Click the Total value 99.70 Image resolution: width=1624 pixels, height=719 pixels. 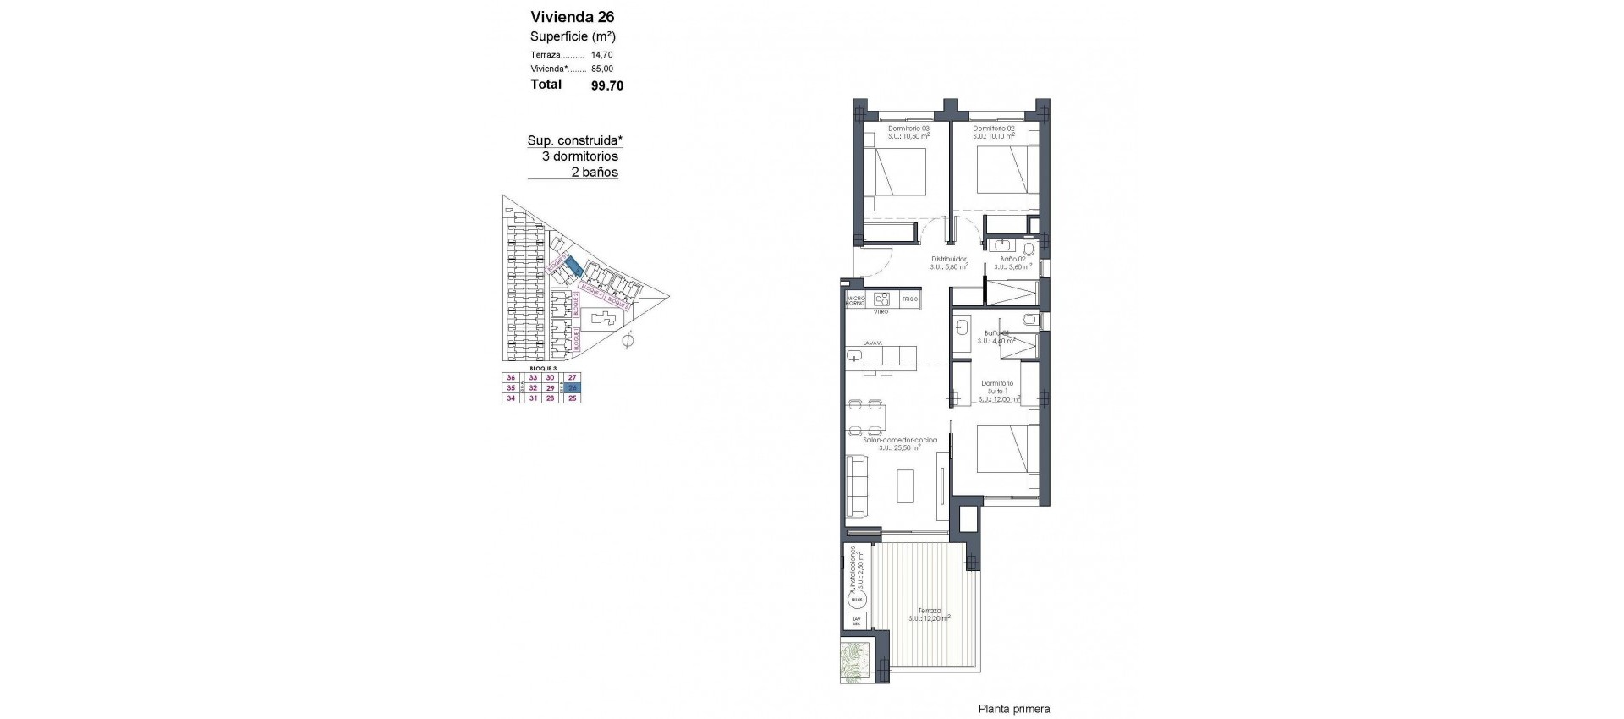coord(606,85)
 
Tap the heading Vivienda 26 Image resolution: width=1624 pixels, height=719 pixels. coord(572,17)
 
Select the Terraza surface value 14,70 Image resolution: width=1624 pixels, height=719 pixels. coord(602,55)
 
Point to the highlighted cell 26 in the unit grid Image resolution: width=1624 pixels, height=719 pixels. coord(573,388)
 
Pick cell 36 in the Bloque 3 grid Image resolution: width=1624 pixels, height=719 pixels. coord(510,378)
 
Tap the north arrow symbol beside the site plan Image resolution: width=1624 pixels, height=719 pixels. coord(627,342)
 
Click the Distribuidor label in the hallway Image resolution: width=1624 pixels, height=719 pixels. coord(949,260)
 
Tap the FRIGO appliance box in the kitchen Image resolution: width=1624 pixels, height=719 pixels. coord(909,299)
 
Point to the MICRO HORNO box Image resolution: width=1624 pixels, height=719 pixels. coord(855,299)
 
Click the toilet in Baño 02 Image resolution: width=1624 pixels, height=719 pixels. coord(1028,248)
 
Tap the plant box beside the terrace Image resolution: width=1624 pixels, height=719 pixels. coord(854,662)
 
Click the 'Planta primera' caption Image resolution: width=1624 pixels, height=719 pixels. coord(1013,710)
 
